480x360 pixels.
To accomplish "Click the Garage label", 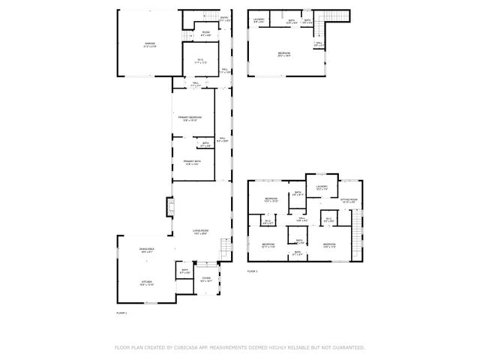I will coord(149,44).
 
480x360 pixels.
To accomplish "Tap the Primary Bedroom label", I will coord(189,117).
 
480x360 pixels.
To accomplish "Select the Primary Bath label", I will coord(191,160).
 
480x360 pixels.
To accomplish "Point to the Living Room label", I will coord(200,230).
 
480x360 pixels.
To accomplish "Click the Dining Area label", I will coord(146,248).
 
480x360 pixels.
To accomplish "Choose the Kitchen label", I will coord(146,282).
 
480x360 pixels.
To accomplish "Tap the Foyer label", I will coord(205,278).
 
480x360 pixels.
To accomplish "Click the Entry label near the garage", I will coord(224,18).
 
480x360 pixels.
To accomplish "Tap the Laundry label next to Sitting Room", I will coord(322,187).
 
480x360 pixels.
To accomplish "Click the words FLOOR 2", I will coord(253,271).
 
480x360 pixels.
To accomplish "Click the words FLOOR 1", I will coord(121,312).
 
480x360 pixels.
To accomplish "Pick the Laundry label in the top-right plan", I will coord(259,19).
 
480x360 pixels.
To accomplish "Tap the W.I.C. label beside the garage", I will coord(200,60).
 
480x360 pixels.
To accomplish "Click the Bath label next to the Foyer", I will coord(184,271).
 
